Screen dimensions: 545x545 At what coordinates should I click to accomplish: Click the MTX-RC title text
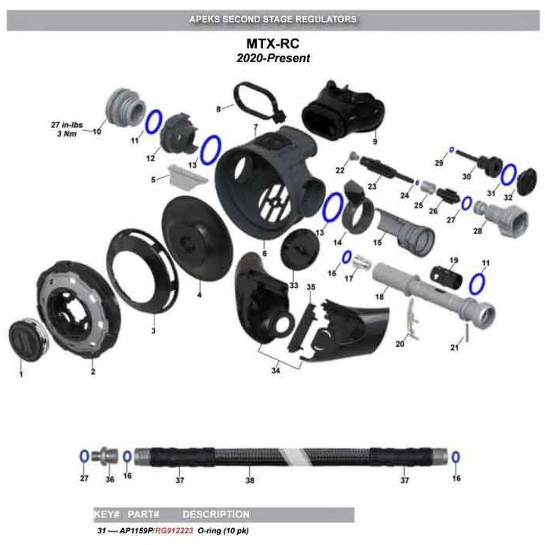[x=273, y=44]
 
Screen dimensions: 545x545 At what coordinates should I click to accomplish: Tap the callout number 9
[x=375, y=142]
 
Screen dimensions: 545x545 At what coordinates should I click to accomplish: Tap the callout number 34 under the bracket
[x=276, y=371]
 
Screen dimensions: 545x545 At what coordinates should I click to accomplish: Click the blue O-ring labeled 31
[x=508, y=175]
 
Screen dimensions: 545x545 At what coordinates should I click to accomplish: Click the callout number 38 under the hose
[x=250, y=480]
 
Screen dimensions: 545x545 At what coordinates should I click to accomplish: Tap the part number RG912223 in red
[x=174, y=531]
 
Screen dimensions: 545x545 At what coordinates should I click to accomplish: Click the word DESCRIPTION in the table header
[x=216, y=514]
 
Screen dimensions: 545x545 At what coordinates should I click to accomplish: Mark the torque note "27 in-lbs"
[x=66, y=125]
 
